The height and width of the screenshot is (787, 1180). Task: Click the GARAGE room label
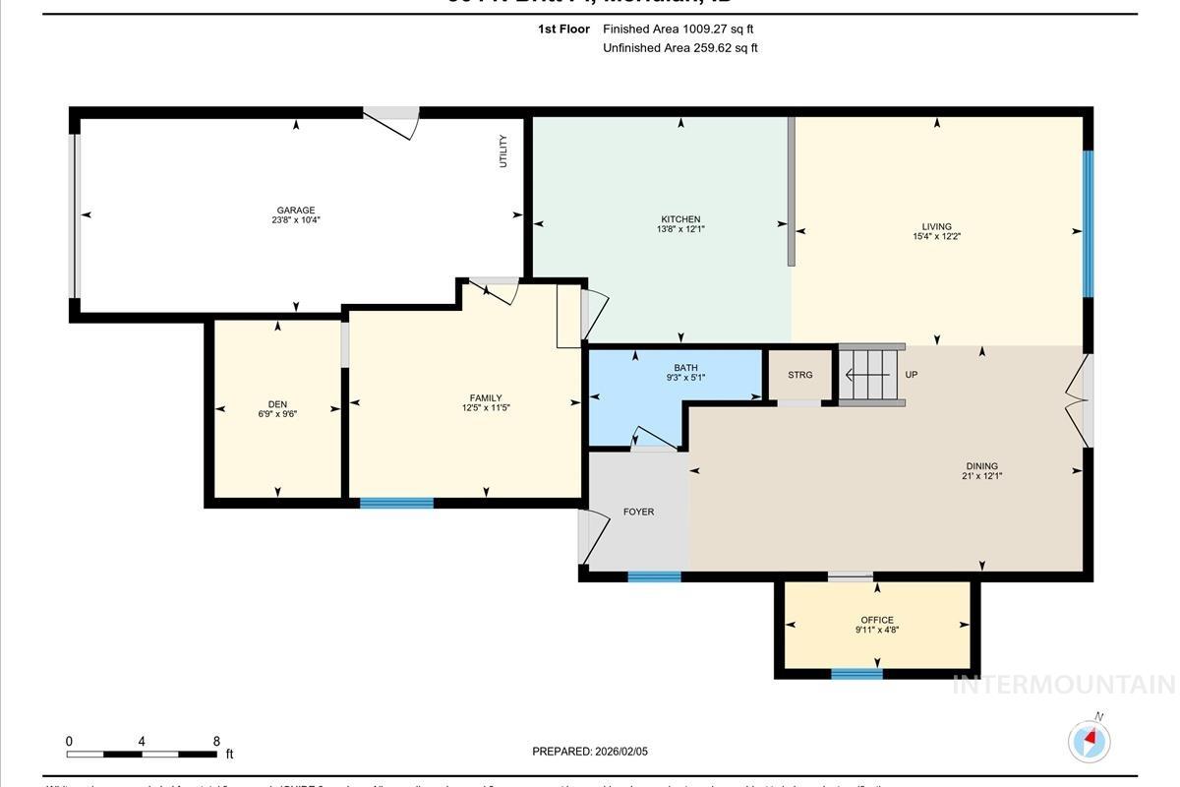(296, 211)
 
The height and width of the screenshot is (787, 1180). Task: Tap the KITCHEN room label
(680, 219)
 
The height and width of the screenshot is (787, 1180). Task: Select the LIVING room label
(936, 227)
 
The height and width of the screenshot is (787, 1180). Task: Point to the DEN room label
(277, 404)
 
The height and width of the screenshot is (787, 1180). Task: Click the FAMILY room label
(486, 398)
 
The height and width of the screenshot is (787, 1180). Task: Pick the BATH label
(685, 368)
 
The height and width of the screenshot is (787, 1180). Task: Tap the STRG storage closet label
(800, 375)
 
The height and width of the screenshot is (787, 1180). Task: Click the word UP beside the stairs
(911, 375)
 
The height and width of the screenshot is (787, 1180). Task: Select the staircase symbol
(871, 375)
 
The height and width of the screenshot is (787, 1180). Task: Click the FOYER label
(638, 512)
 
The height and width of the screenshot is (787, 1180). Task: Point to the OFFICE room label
(877, 621)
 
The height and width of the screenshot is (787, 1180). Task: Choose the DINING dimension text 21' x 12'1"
(981, 476)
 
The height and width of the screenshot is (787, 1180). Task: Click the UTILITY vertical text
(503, 151)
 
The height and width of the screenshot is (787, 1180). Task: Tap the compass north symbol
(1089, 740)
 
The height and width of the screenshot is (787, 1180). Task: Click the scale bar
(143, 755)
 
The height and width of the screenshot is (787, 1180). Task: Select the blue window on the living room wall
(1088, 223)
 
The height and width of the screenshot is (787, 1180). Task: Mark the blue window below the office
(856, 674)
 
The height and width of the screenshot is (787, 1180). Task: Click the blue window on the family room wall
(396, 504)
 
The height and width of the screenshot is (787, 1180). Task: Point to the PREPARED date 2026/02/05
(590, 752)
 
